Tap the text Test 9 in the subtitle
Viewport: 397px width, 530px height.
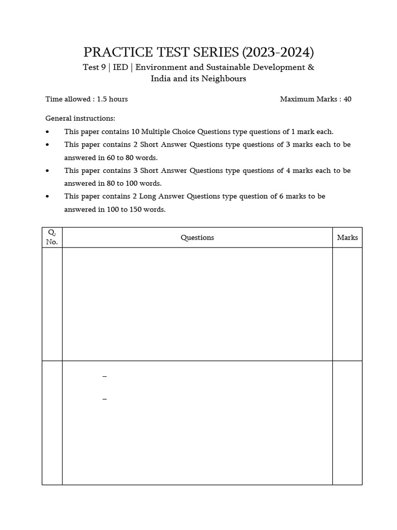(94, 67)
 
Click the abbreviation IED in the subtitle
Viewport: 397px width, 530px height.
(120, 67)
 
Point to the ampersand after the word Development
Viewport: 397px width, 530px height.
(311, 67)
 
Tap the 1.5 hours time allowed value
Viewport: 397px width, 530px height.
(112, 99)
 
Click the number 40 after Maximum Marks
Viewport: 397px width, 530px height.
(347, 99)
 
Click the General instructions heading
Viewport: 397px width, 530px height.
(81, 119)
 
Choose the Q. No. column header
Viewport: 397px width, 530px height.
(52, 237)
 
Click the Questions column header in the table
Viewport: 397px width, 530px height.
(197, 238)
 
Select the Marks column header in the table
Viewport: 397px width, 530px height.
(347, 238)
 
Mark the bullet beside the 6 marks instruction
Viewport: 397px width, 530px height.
(48, 197)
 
